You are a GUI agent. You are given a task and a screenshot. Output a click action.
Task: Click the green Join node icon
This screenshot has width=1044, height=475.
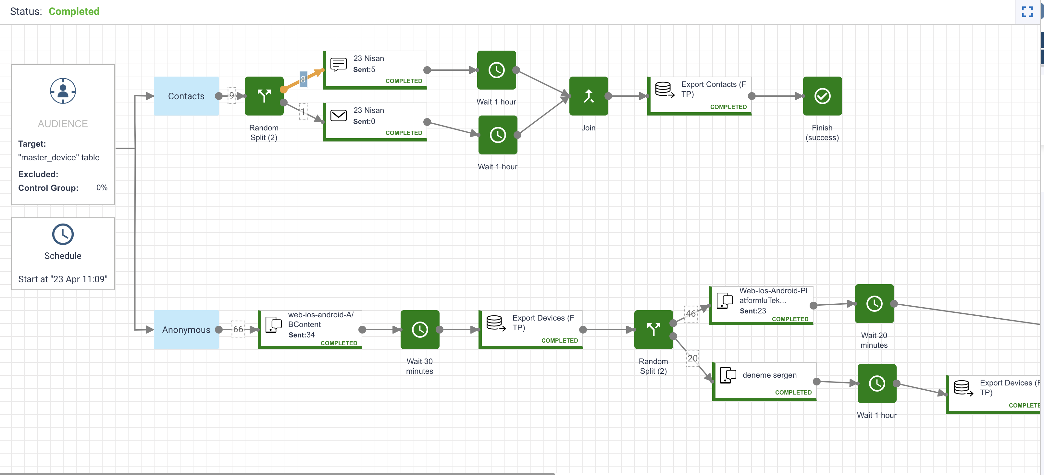(x=589, y=96)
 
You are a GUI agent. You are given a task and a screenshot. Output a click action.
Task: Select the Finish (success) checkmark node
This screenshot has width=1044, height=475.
(x=822, y=96)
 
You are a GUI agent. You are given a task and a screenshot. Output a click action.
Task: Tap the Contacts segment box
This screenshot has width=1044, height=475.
(x=186, y=96)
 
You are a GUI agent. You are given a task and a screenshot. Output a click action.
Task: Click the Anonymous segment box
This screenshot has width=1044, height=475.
(x=186, y=330)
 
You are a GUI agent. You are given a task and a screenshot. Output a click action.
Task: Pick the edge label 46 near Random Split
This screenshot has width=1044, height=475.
(x=690, y=313)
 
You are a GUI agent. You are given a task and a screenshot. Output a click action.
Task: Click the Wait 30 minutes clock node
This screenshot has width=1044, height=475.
(x=420, y=330)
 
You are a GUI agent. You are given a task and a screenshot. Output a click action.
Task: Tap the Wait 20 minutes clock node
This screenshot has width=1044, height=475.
(x=874, y=304)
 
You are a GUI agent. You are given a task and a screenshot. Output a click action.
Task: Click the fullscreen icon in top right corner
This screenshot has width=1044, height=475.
(x=1027, y=12)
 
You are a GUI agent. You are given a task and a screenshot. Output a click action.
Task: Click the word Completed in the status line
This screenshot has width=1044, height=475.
(x=74, y=11)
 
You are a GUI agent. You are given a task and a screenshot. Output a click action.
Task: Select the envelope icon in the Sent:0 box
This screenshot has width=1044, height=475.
(x=338, y=116)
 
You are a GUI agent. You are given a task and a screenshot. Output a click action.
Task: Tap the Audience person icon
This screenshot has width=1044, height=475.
(x=63, y=91)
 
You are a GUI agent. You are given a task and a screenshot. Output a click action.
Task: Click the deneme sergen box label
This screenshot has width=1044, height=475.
(x=769, y=375)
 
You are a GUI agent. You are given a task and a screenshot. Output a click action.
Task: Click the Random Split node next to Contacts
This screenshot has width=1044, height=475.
(x=264, y=96)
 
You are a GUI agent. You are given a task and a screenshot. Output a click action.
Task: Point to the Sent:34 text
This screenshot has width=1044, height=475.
(x=302, y=335)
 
